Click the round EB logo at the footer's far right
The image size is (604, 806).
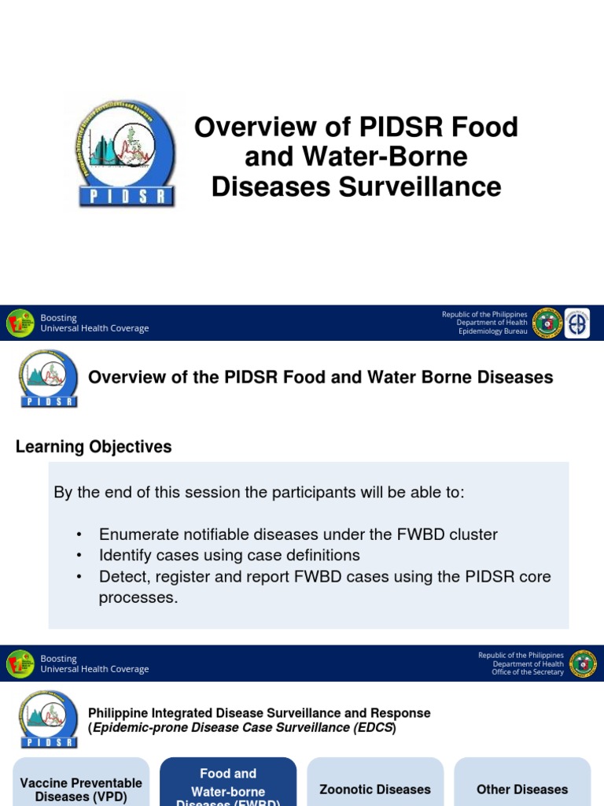pyautogui.click(x=578, y=323)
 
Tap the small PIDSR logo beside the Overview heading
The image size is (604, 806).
pyautogui.click(x=49, y=379)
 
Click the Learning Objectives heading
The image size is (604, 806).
pyautogui.click(x=94, y=447)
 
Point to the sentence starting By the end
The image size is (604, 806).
pyautogui.click(x=260, y=493)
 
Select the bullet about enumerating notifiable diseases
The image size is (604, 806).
pyautogui.click(x=298, y=534)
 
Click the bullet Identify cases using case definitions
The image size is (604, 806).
pyautogui.click(x=229, y=555)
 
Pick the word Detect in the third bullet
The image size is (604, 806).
pyautogui.click(x=120, y=577)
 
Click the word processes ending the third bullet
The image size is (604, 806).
pyautogui.click(x=138, y=598)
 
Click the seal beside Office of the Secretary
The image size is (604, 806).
pyautogui.click(x=583, y=664)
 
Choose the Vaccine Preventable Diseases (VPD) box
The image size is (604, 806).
pyautogui.click(x=81, y=787)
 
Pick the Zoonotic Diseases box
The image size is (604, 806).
pyautogui.click(x=375, y=789)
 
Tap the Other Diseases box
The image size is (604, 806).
pyautogui.click(x=522, y=789)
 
